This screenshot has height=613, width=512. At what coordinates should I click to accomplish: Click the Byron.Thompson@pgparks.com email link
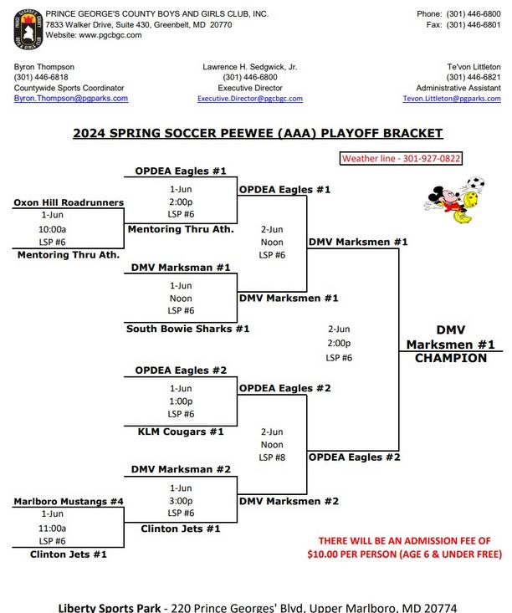point(71,99)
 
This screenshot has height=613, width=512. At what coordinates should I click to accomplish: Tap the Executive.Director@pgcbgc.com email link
point(250,99)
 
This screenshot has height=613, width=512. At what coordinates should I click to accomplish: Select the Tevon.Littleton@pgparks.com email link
point(452,99)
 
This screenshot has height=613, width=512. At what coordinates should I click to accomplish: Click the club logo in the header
point(28,30)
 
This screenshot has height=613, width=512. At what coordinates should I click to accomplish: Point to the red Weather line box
point(401,158)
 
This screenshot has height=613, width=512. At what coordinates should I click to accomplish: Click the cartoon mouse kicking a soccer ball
point(454,200)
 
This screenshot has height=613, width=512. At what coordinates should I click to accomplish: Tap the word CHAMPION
point(451,358)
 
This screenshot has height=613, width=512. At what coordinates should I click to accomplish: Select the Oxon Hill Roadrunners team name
point(69,202)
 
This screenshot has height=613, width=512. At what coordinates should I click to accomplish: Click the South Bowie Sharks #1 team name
point(187,329)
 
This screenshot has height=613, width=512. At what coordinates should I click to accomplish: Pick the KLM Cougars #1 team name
point(181,432)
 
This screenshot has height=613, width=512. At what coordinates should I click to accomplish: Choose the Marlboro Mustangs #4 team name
point(69,501)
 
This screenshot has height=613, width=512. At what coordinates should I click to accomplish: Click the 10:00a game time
point(52,229)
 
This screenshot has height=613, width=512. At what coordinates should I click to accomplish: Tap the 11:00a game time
point(52,529)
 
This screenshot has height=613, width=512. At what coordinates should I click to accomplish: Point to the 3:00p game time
point(181,501)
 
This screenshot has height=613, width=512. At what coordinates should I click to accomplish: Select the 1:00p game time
point(181,401)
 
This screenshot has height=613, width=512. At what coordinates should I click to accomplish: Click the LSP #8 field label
point(272,457)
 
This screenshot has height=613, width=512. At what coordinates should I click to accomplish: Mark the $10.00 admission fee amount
point(323,554)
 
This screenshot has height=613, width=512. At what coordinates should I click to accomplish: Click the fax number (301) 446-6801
point(474,24)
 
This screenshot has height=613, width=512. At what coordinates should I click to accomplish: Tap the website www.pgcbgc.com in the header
point(110,35)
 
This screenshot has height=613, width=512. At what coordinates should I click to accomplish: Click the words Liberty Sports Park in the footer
point(110,607)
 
